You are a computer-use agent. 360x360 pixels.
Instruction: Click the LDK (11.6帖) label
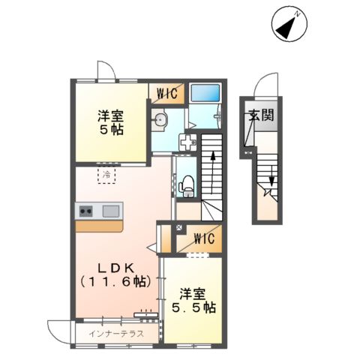[x=115, y=274]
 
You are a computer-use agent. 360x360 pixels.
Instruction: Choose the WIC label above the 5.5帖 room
[x=202, y=239]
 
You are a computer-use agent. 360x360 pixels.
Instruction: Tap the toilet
[x=187, y=183]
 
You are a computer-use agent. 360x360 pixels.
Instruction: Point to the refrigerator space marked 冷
[x=107, y=175]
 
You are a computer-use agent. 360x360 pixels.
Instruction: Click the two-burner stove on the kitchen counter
[x=85, y=211]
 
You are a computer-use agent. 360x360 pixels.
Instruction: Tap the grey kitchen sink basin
[x=111, y=211]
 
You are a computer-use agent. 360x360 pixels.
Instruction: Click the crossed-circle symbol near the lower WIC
[x=178, y=227]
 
